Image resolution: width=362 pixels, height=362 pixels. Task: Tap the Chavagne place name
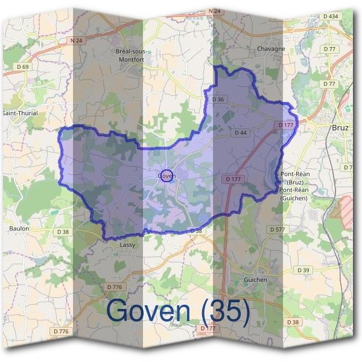270,49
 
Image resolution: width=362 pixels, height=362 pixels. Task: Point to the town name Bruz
341,128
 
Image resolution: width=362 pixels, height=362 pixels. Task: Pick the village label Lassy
127,245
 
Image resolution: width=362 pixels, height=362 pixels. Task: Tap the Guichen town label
255,279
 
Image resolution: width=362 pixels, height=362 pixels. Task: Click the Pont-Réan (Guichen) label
294,194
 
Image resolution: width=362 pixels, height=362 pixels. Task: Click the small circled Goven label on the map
165,176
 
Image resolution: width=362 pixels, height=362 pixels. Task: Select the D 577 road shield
278,230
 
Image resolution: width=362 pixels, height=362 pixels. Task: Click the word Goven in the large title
150,311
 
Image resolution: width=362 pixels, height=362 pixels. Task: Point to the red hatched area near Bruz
345,211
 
